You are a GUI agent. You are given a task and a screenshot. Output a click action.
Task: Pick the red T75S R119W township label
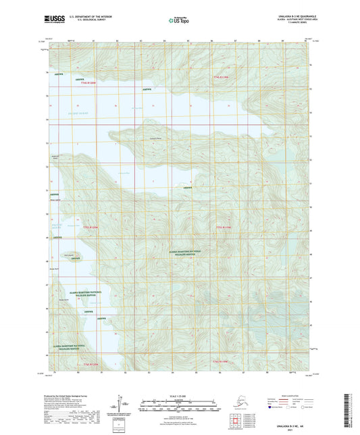(224, 226)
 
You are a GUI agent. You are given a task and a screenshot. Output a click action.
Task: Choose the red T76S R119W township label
(222, 364)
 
